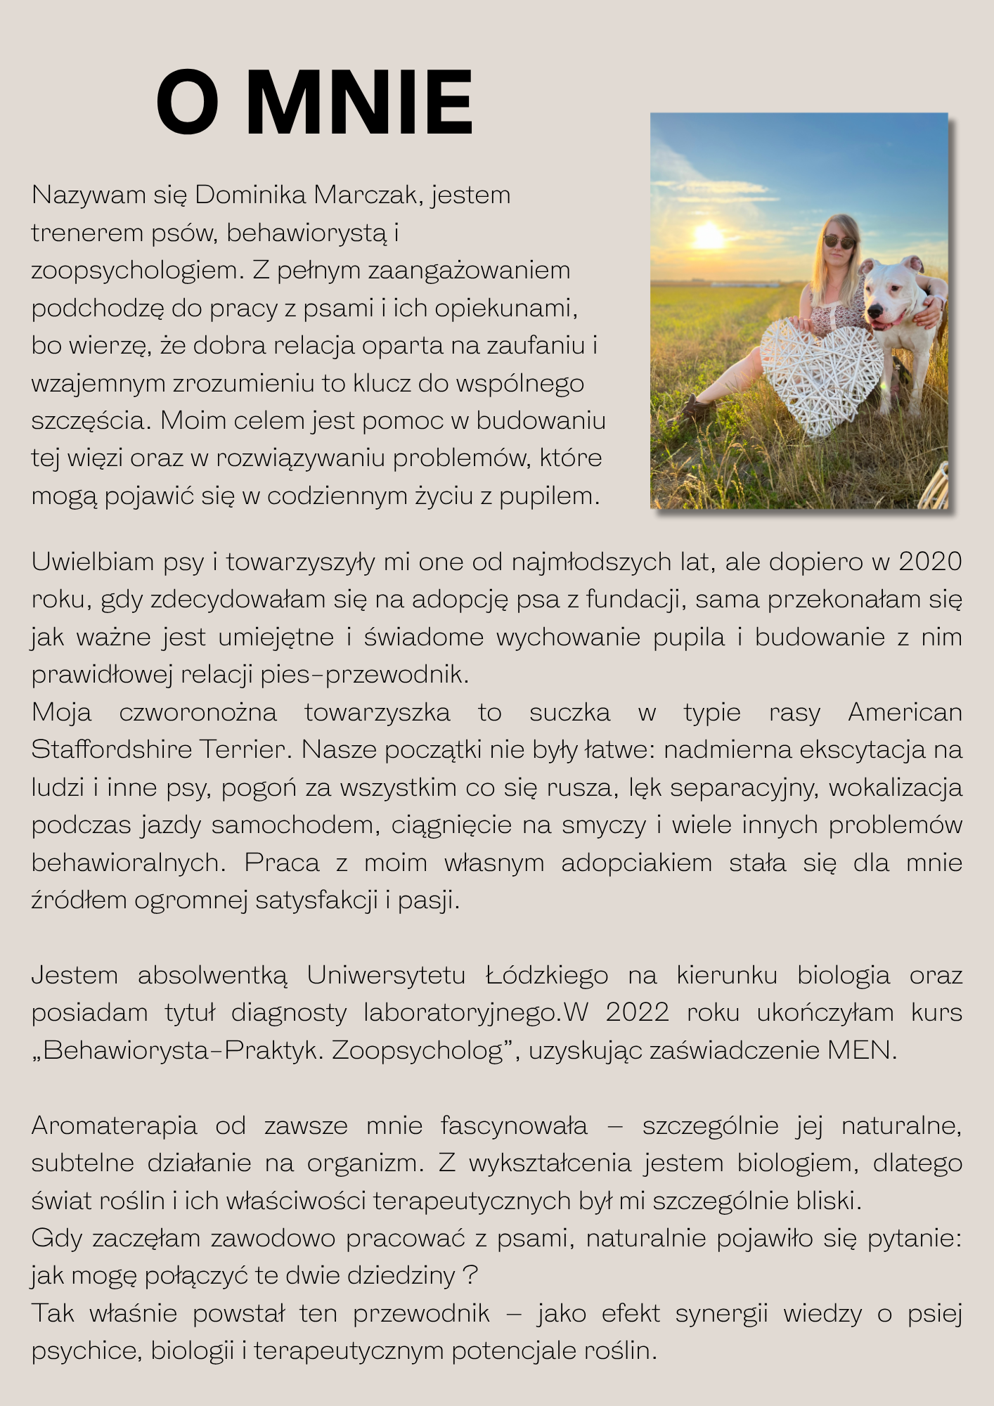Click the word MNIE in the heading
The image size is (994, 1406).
click(359, 103)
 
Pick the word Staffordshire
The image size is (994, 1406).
click(112, 749)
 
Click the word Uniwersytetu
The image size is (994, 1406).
click(386, 975)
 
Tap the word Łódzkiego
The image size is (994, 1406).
click(547, 975)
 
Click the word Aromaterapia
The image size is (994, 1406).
click(114, 1126)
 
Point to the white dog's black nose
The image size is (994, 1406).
click(876, 311)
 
